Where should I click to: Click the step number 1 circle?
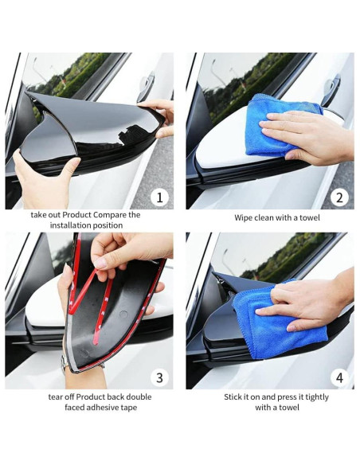point(160,197)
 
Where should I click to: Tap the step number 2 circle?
point(340,197)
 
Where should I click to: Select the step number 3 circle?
point(160,377)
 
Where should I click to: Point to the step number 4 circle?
point(340,377)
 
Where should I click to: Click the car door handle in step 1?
point(146,86)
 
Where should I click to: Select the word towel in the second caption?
point(310,218)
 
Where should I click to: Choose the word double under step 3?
point(139,397)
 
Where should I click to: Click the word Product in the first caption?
point(76,215)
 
